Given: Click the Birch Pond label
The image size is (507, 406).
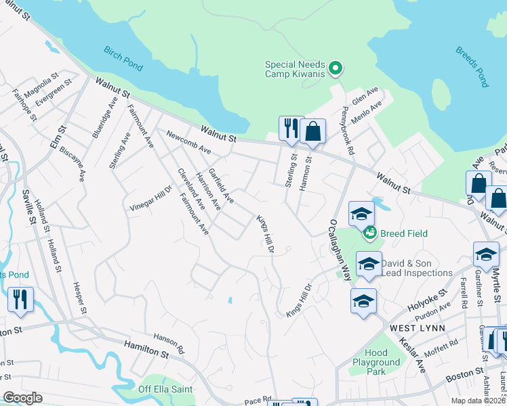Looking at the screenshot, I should [x=123, y=58].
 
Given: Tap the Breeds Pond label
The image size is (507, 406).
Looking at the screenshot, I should [x=472, y=67].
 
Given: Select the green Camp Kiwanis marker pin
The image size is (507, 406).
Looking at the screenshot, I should [x=335, y=68].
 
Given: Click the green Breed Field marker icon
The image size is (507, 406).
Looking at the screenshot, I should [x=370, y=233].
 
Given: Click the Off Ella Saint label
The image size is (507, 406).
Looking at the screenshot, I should [x=165, y=389].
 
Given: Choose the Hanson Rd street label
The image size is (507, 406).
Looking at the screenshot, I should [x=169, y=344].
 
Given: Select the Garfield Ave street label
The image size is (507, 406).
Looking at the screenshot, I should [x=222, y=186].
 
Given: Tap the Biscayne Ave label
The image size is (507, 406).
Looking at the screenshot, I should [x=73, y=165].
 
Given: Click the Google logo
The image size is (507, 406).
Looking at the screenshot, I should [x=22, y=397].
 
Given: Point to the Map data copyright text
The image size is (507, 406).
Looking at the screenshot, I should [x=479, y=401].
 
